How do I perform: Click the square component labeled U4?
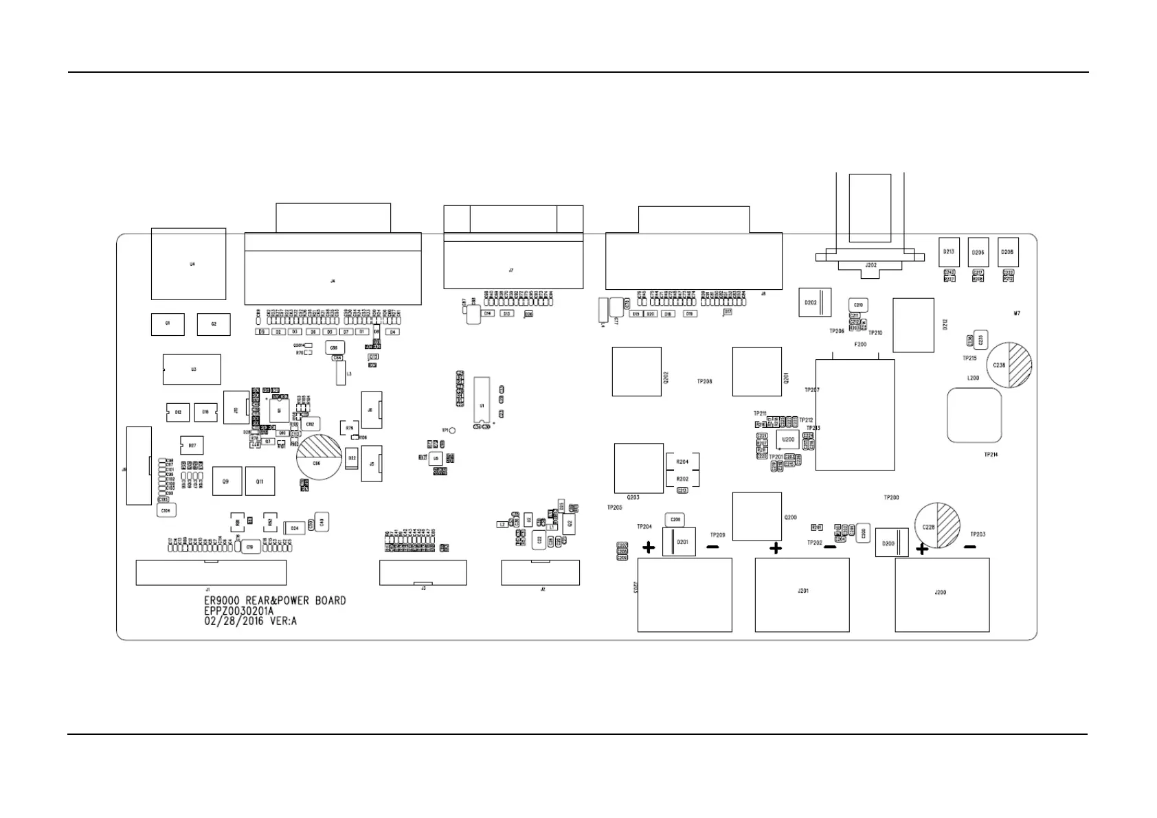[x=188, y=264]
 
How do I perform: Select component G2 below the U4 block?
[x=214, y=324]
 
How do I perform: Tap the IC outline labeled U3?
[x=192, y=370]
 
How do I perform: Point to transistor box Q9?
[x=225, y=481]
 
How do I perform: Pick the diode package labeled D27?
[x=192, y=446]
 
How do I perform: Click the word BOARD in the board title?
[x=330, y=601]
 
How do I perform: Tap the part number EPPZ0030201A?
[x=238, y=611]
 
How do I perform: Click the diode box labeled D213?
[x=948, y=252]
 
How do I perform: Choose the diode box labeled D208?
[x=1007, y=252]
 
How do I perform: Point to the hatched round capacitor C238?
[x=1009, y=365]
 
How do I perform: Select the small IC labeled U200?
[x=788, y=439]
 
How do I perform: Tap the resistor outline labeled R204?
[x=682, y=462]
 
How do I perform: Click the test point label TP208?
[x=704, y=381]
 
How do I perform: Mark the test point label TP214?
[x=991, y=455]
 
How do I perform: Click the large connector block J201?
[x=802, y=594]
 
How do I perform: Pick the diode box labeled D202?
[x=815, y=302]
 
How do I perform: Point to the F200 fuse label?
[x=860, y=345]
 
